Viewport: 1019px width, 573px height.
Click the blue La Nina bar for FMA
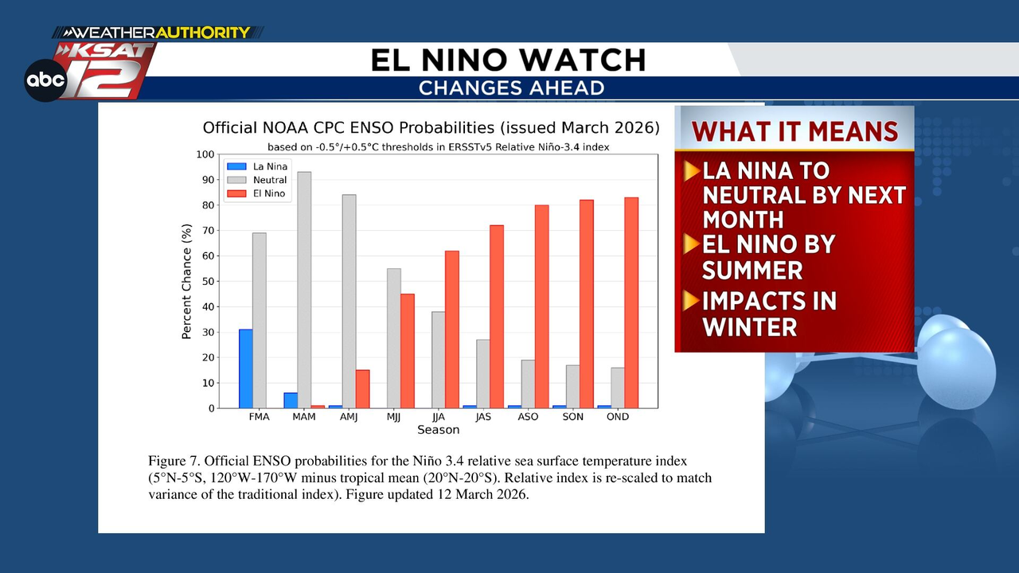[x=246, y=368]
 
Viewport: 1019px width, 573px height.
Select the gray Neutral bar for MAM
[x=304, y=290]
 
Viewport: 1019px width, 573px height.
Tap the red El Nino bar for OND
[x=631, y=302]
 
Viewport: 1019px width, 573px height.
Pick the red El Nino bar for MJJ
[x=407, y=351]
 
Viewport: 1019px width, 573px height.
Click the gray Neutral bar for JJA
[x=439, y=360]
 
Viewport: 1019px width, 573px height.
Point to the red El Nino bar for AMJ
[x=362, y=389]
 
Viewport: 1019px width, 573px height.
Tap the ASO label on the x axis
[x=528, y=417]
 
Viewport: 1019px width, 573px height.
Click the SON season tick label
[x=572, y=417]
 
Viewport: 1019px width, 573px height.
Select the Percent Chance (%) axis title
[x=187, y=282]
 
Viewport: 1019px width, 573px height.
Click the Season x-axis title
[x=438, y=431]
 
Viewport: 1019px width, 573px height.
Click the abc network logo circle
[x=45, y=80]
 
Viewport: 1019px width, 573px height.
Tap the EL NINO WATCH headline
[x=508, y=60]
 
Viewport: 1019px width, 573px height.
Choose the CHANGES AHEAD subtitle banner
[x=511, y=88]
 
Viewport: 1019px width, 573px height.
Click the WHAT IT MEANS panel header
[x=795, y=131]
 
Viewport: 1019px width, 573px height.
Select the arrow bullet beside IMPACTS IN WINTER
[x=691, y=301]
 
